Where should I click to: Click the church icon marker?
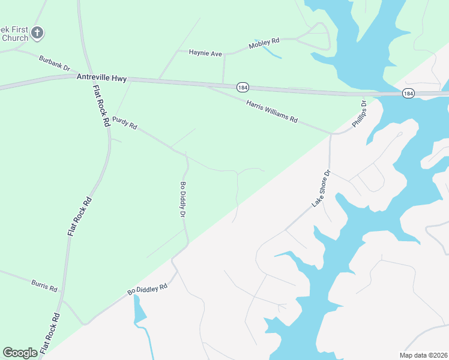pos(37,33)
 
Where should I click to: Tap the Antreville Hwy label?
pos(101,77)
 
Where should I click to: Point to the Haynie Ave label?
pos(205,53)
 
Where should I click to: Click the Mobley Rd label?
pos(265,43)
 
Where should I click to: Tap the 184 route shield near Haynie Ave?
pos(242,86)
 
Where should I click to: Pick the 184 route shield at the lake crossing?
pos(408,93)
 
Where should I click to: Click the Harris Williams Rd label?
pos(272,112)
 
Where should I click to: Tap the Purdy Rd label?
pos(125,123)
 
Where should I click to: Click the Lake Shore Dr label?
pos(321,189)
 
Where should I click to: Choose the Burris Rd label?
pos(45,284)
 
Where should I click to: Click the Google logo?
pos(20,353)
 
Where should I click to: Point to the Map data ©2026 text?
pos(423,355)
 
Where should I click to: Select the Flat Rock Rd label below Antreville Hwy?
pos(101,104)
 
